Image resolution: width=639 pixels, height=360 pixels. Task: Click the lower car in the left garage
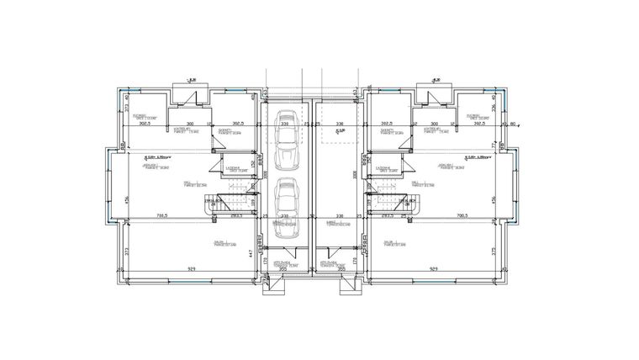pos(287,201)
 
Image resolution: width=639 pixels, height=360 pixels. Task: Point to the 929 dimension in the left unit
pos(194,269)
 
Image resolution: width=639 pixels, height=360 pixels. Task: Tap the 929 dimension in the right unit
pos(434,269)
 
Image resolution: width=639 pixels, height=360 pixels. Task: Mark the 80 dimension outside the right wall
pos(513,123)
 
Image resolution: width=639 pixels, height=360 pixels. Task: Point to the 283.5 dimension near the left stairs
pos(236,215)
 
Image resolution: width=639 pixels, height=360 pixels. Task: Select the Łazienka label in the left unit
pos(231,168)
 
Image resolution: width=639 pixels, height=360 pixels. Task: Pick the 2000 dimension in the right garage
pos(355,174)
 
